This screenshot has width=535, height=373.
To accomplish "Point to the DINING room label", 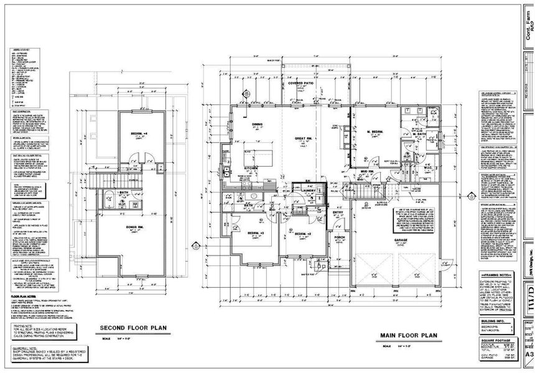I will (257, 124).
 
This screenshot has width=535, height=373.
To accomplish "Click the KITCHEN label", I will (251, 168).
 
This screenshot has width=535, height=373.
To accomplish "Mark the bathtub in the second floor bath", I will (107, 201).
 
